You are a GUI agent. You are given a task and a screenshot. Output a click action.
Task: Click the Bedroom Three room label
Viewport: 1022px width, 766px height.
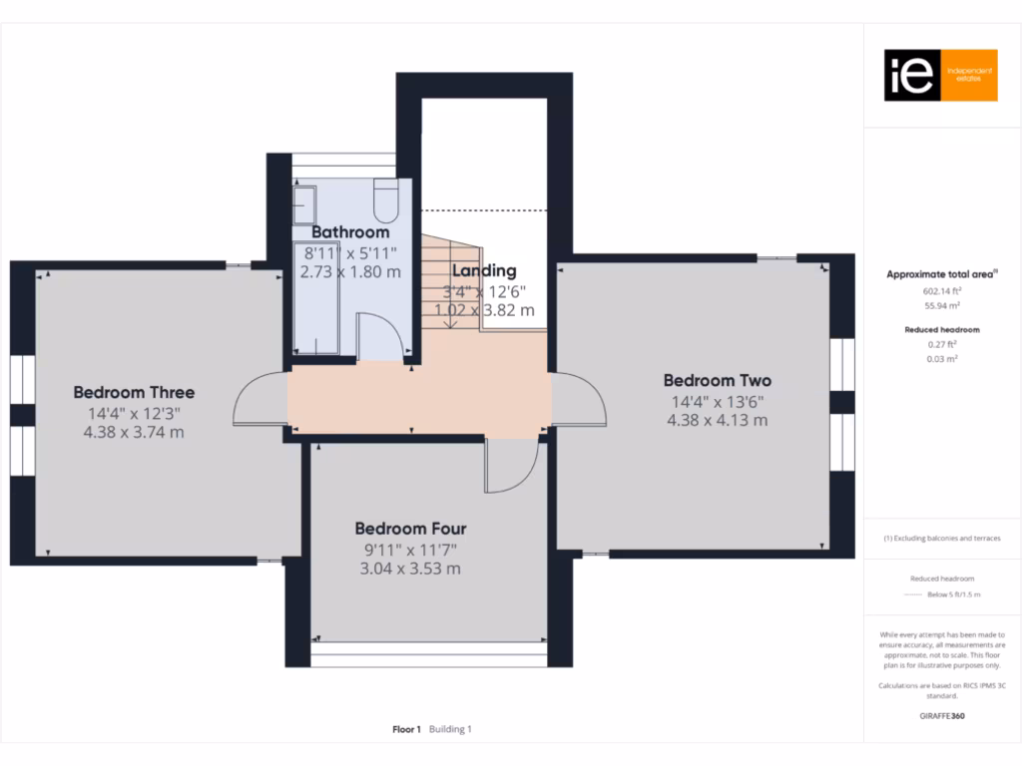point(134,392)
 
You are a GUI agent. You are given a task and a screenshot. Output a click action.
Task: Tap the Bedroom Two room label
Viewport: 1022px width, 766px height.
point(717,380)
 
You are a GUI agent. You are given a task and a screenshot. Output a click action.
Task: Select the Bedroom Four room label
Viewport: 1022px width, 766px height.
point(410,529)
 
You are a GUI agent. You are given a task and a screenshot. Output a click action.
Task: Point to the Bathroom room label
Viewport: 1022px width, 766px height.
point(350,232)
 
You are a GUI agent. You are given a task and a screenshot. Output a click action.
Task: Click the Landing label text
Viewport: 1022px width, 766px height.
point(484,270)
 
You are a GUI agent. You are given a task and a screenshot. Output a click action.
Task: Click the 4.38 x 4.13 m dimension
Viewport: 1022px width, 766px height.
point(717,420)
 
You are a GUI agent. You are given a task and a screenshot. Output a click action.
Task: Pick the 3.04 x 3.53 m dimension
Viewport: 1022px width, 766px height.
point(410,569)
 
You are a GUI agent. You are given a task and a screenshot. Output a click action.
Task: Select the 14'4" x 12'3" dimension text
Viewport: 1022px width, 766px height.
point(134,413)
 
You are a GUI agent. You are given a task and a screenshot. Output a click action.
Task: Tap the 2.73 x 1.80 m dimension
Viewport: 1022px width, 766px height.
point(351,271)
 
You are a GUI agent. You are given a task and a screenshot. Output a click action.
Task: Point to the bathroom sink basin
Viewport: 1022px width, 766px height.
point(303,203)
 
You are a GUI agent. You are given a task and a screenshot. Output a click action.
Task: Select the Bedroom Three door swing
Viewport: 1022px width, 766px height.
point(258,398)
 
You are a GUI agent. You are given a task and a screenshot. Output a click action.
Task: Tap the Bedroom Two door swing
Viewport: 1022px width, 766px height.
point(579,399)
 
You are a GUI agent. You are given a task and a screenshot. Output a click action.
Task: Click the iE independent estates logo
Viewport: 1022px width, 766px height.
point(940,76)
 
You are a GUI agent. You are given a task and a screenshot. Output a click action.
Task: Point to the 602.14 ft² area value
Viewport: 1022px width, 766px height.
point(940,291)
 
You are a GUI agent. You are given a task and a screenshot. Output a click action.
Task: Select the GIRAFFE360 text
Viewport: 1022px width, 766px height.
point(940,716)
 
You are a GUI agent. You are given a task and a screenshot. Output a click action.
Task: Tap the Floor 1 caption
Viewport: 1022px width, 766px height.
point(406,729)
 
